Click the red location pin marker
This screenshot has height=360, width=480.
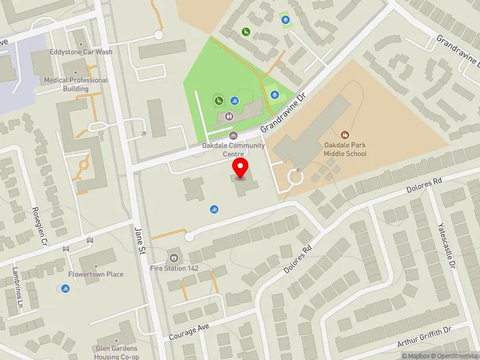tap(241, 168)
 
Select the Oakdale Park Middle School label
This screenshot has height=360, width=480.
tap(345, 149)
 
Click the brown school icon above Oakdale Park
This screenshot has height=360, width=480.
tap(345, 135)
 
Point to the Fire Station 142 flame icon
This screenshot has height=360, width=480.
tap(174, 257)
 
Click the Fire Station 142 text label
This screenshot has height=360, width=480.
tap(174, 268)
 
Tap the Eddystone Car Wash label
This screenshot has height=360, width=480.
tap(81, 52)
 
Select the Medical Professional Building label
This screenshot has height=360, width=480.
tap(76, 85)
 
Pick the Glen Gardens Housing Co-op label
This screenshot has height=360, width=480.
tap(116, 352)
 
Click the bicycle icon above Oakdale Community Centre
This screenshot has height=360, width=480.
tap(234, 136)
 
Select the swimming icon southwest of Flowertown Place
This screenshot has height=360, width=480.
tap(65, 289)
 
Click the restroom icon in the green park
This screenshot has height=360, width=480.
tap(229, 116)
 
